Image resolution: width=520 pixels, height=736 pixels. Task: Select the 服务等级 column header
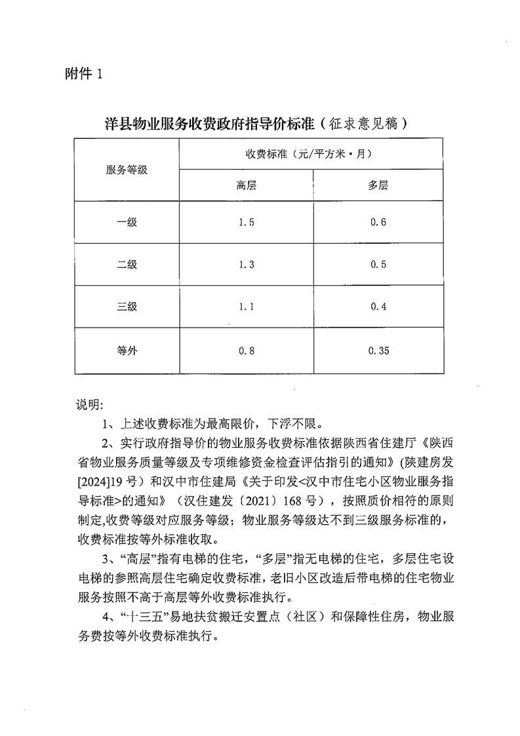coord(127,170)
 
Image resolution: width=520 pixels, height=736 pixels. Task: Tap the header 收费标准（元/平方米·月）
coord(310,154)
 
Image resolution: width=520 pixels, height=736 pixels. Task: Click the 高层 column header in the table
coord(246,185)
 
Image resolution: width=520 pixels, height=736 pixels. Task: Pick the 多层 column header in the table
coord(378,185)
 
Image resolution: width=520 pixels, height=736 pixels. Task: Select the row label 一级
coord(127,222)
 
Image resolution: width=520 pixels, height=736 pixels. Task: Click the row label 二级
coord(127,264)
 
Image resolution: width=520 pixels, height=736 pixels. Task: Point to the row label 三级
coord(127,306)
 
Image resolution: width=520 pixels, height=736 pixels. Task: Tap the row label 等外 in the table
coord(127,351)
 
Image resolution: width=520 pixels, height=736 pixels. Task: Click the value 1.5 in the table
coord(246,222)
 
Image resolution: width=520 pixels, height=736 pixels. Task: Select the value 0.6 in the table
coord(378,222)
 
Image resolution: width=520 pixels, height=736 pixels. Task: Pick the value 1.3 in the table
coord(246,264)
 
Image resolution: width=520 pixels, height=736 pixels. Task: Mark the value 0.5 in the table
coord(378,264)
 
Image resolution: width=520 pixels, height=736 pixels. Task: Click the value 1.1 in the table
coord(246,306)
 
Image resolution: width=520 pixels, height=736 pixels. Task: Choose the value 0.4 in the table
coord(378,306)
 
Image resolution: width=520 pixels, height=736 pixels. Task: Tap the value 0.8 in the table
coord(246,351)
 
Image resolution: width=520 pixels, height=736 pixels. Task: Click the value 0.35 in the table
coord(378,351)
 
